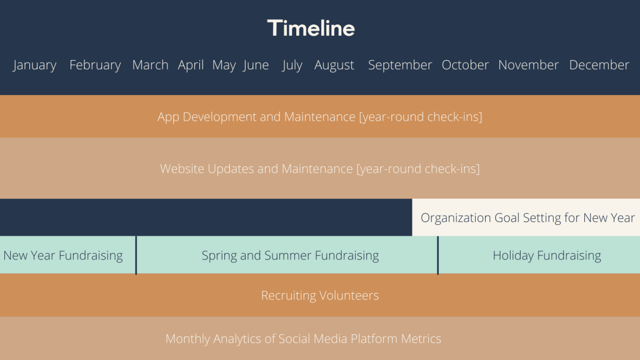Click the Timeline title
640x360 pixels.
(x=311, y=28)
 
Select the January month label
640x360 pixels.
(x=35, y=65)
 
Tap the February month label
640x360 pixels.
(x=95, y=65)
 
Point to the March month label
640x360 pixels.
(x=150, y=65)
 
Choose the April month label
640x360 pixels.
(x=191, y=65)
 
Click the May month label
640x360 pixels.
(x=224, y=65)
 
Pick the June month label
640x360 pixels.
(x=256, y=65)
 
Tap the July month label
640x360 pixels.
(x=292, y=65)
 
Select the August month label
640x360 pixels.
(x=334, y=65)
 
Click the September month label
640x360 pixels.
(x=400, y=65)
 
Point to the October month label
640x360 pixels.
(x=465, y=65)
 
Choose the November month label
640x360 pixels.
(x=529, y=65)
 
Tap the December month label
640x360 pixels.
(x=599, y=65)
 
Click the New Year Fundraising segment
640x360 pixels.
(x=67, y=255)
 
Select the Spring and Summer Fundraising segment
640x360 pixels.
(x=287, y=255)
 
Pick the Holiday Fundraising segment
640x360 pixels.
(x=539, y=255)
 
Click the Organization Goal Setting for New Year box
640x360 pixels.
(x=526, y=217)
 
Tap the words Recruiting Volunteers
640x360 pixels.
(x=320, y=296)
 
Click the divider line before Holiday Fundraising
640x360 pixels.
(x=438, y=255)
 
